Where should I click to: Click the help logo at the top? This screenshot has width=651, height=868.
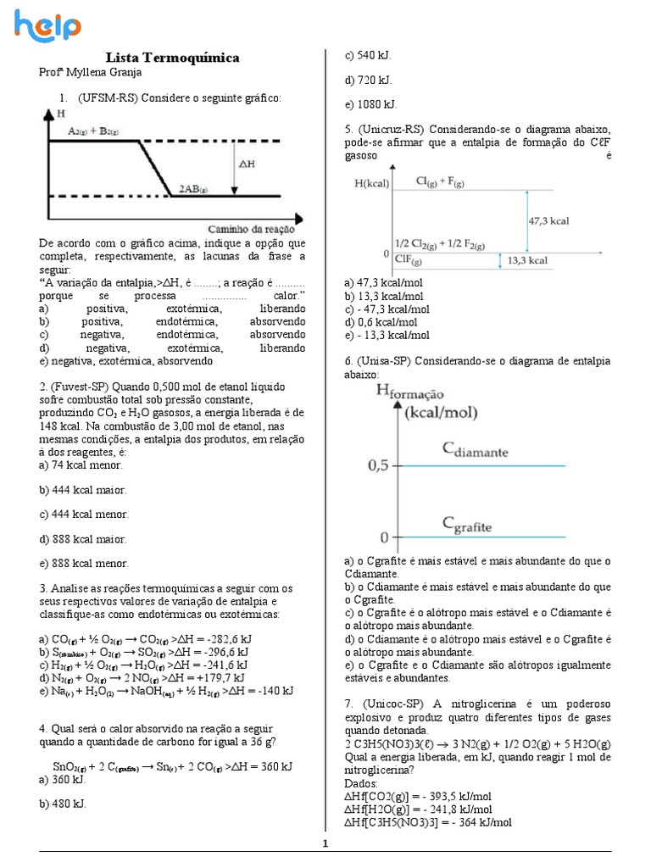click(x=47, y=25)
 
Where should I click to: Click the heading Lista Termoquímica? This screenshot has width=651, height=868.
click(x=172, y=58)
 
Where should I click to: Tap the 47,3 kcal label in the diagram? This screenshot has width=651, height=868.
click(x=548, y=220)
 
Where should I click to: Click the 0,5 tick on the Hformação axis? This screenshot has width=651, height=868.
click(x=378, y=465)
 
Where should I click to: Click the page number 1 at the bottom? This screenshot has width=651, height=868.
click(x=325, y=843)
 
